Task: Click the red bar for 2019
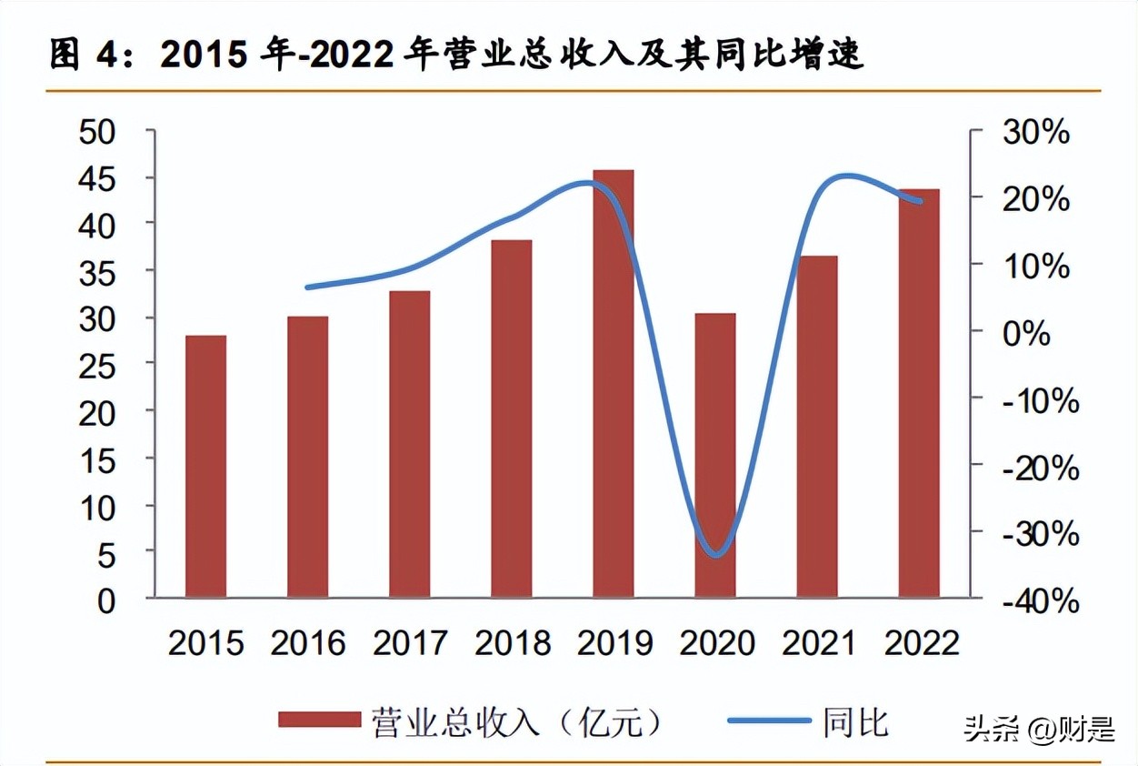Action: coord(614,383)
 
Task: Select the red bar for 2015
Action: coord(205,466)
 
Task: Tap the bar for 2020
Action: coord(715,455)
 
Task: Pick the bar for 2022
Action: coord(919,393)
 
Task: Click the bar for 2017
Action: coord(409,444)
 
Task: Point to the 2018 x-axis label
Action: coord(513,643)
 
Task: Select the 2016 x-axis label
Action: coord(308,643)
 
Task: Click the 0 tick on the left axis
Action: coord(107,600)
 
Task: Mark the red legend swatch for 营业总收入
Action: coord(319,721)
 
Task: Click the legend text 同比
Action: coord(855,722)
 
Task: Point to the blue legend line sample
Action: coord(769,721)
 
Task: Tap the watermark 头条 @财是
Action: coord(1038,729)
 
